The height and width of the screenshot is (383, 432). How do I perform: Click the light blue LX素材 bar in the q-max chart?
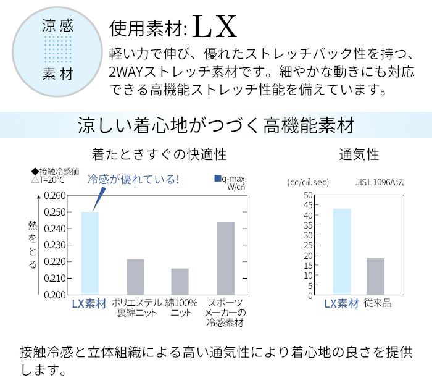(90, 253)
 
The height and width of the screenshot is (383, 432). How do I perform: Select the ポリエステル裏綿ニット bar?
(135, 277)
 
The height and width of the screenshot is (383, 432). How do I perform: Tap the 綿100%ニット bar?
(180, 281)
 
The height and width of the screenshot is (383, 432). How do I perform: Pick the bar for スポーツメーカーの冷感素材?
(225, 258)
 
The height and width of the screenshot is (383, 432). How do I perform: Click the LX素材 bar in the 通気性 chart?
(342, 251)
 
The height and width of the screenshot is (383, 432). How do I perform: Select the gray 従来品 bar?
(375, 276)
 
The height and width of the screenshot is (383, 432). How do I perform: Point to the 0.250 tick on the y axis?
(56, 212)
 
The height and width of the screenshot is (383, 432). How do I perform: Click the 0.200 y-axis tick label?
(56, 294)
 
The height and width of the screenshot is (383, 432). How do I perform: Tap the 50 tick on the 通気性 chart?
(309, 195)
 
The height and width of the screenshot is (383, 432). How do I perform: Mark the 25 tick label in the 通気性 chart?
(309, 245)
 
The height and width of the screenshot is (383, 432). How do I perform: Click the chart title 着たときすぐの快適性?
(159, 154)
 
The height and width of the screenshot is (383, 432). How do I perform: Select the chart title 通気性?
(359, 154)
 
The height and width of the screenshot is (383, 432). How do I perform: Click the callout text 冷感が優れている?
(133, 180)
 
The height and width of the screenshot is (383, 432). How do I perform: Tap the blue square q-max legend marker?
(217, 179)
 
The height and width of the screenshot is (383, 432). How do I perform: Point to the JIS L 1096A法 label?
(380, 182)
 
